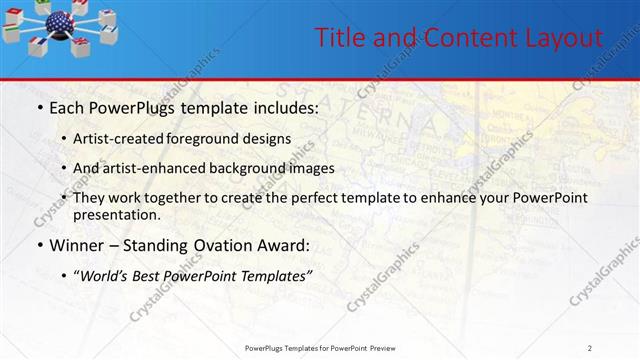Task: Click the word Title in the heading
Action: pos(338,38)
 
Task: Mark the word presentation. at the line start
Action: pos(116,214)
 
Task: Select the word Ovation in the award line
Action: pos(211,245)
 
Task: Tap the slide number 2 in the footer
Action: pos(590,348)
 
